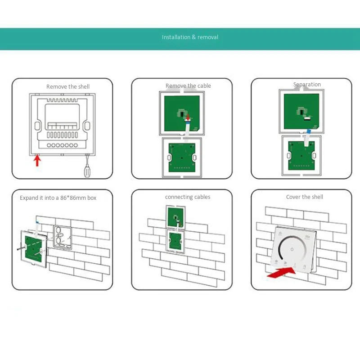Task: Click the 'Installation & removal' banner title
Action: coord(190,37)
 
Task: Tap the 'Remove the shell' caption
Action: coord(68,86)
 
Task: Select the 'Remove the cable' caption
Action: coord(188,85)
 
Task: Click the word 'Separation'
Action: coord(307,85)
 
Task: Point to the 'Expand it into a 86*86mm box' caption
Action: coord(58,198)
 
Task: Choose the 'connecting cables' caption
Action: coord(188,197)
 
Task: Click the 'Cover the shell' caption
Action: coord(305,197)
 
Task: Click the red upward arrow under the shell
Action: coord(37,160)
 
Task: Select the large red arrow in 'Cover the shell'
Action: coord(282,272)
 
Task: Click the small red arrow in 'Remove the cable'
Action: coord(188,117)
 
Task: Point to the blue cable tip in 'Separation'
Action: coord(309,131)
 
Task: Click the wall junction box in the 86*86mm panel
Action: coord(62,238)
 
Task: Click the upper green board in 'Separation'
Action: coord(301,111)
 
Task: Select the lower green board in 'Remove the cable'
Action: coord(182,157)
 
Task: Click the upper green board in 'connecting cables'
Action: coord(175,217)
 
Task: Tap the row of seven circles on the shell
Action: coord(62,145)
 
